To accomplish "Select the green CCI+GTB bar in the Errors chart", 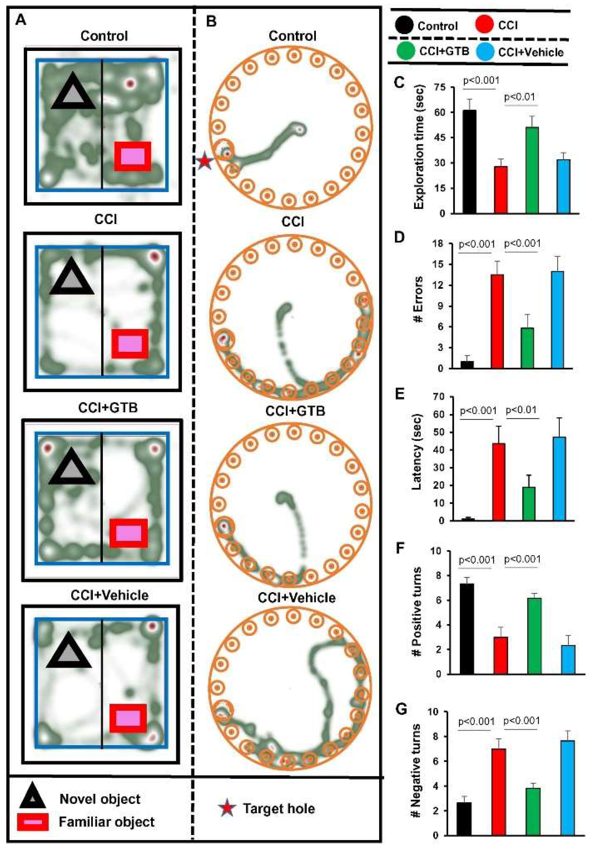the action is point(527,348).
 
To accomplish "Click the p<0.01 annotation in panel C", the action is point(520,97).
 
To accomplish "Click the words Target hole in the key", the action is point(279,809).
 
